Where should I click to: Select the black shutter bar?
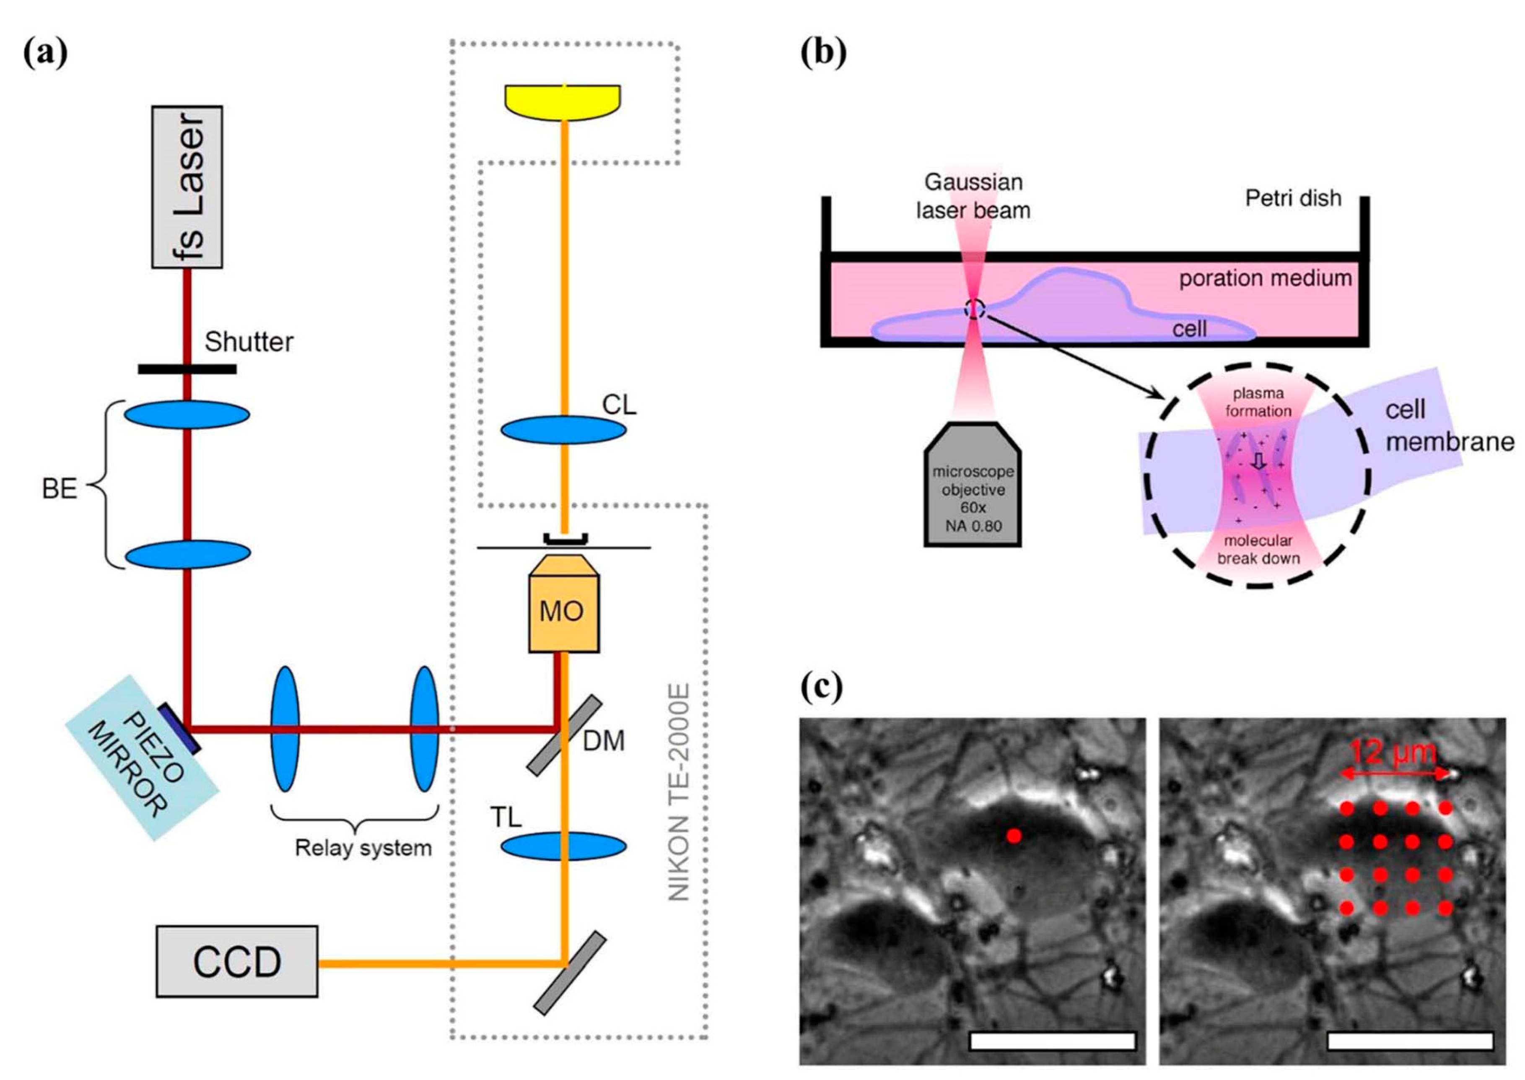tap(187, 369)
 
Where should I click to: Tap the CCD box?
tap(237, 961)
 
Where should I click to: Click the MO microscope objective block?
tap(563, 611)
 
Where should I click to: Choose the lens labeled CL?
tap(563, 430)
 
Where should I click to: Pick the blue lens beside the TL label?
tap(563, 846)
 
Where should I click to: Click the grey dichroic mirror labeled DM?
tap(564, 735)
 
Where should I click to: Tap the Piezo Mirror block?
tap(143, 757)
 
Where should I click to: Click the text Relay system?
tap(363, 848)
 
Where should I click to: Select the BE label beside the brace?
tap(59, 489)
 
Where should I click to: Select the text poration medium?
tap(1265, 278)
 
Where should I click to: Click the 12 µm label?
tap(1393, 753)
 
